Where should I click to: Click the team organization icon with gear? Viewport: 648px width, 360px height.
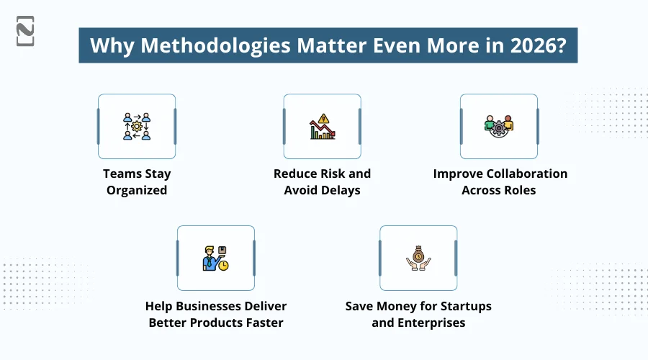pyautogui.click(x=137, y=126)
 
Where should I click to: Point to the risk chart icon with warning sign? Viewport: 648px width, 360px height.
pyautogui.click(x=322, y=127)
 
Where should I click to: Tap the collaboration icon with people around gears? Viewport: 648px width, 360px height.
pyautogui.click(x=499, y=126)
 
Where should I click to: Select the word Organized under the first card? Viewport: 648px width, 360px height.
pyautogui.click(x=137, y=190)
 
